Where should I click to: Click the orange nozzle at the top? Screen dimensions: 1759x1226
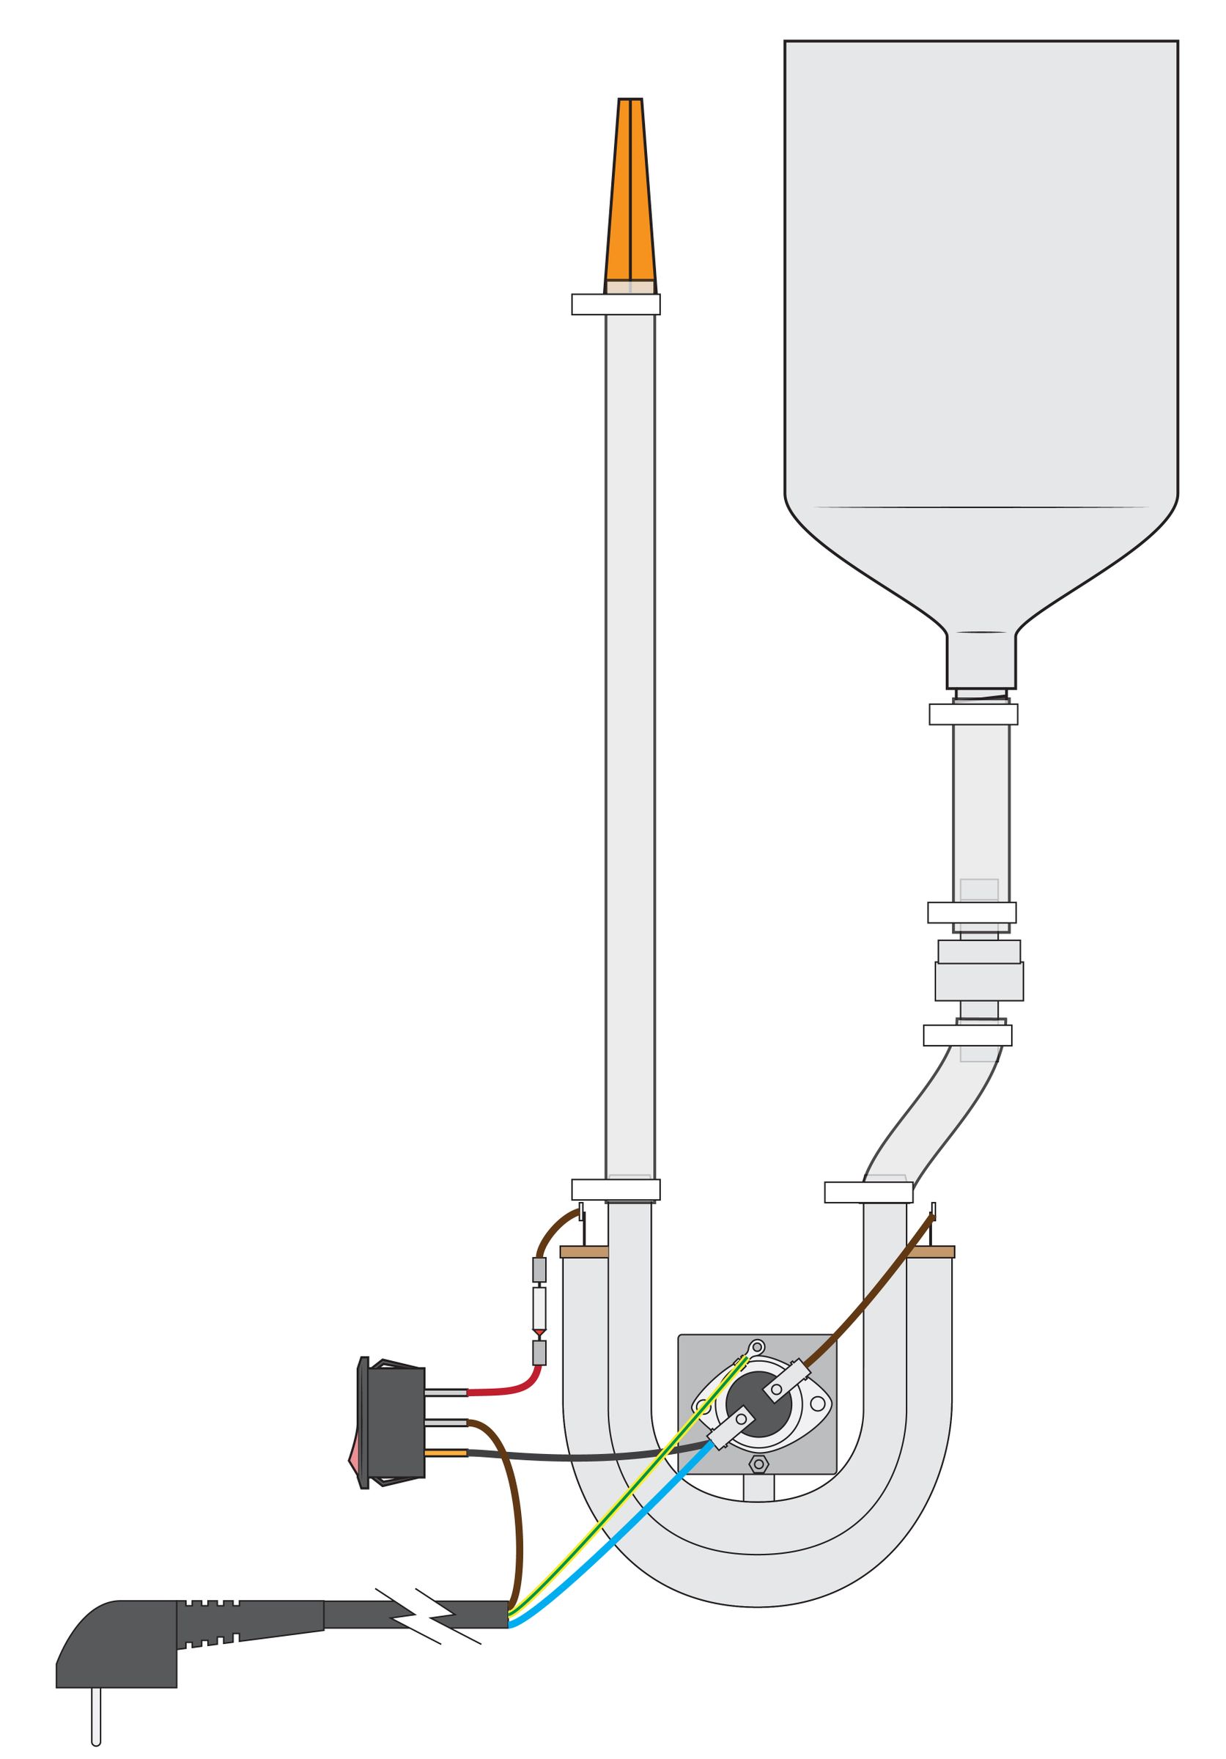(629, 191)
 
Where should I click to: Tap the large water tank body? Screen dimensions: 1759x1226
(981, 306)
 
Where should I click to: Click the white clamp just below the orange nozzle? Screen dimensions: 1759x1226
(616, 304)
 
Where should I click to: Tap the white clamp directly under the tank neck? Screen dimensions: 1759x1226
(972, 714)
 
